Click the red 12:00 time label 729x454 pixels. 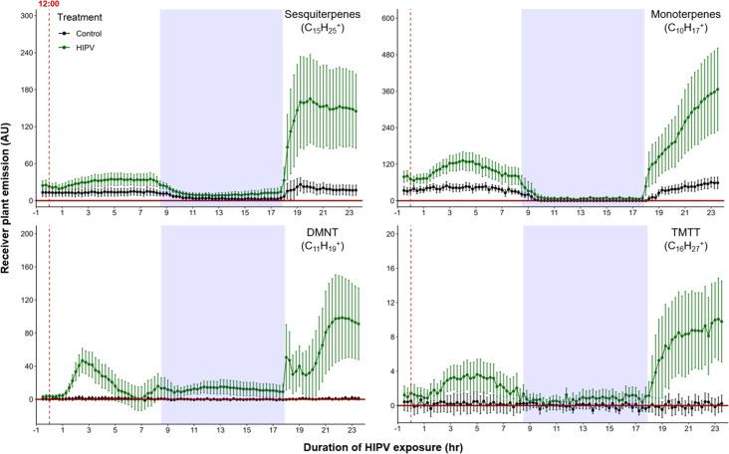[48, 5]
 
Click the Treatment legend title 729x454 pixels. [80, 18]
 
